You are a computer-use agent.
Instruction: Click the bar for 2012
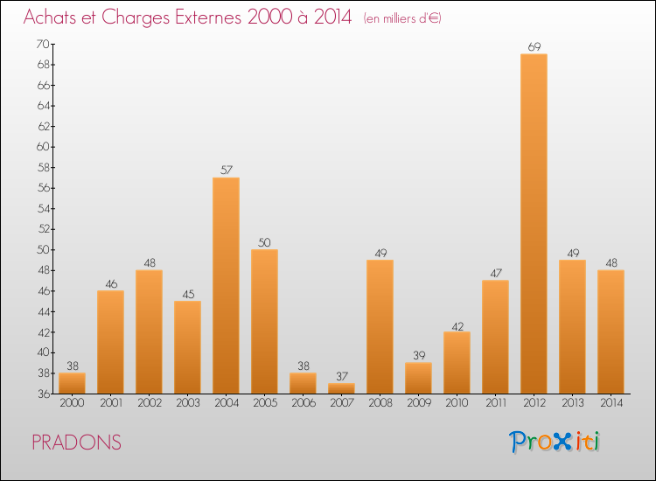pyautogui.click(x=534, y=223)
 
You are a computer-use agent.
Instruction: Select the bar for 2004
pyautogui.click(x=226, y=285)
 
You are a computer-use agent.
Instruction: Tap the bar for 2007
pyautogui.click(x=341, y=388)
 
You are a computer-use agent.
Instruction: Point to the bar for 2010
pyautogui.click(x=457, y=362)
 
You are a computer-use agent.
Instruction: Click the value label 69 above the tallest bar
pyautogui.click(x=534, y=47)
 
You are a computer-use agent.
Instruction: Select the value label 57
pyautogui.click(x=226, y=171)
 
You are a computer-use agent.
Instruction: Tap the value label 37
pyautogui.click(x=341, y=376)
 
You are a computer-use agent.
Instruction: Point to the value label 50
pyautogui.click(x=264, y=242)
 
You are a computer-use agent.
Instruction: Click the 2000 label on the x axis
pyautogui.click(x=72, y=403)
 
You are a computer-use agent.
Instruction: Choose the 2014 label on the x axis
pyautogui.click(x=611, y=403)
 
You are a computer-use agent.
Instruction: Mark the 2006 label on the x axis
pyautogui.click(x=303, y=403)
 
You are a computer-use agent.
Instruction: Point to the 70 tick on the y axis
pyautogui.click(x=42, y=44)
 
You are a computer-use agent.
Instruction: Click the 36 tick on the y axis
pyautogui.click(x=42, y=394)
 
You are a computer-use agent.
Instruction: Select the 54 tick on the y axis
pyautogui.click(x=42, y=208)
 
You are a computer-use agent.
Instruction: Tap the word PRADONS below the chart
pyautogui.click(x=76, y=443)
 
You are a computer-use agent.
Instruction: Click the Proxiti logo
pyautogui.click(x=554, y=442)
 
